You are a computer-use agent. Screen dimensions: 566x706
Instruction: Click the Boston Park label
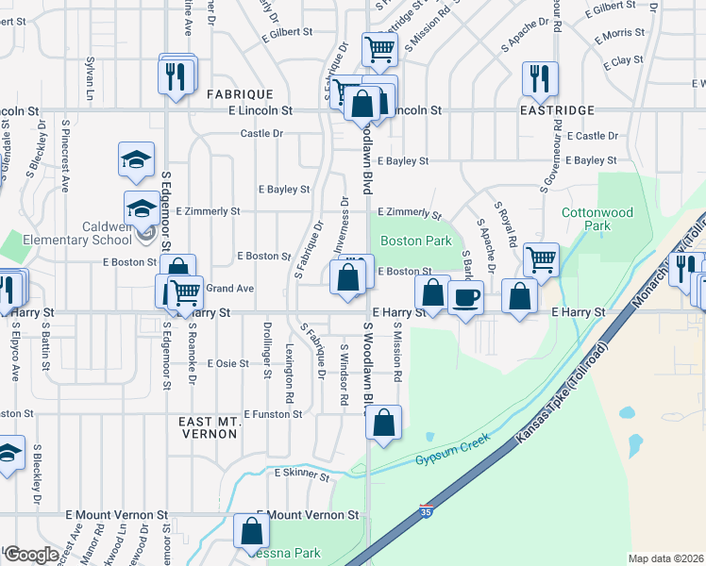(x=415, y=241)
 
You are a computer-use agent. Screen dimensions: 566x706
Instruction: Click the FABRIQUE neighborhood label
(x=239, y=94)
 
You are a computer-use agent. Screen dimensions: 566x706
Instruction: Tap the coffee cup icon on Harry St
(x=465, y=299)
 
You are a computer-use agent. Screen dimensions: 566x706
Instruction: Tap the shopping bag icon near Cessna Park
(x=254, y=531)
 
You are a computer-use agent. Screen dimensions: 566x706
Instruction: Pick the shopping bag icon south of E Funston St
(x=384, y=424)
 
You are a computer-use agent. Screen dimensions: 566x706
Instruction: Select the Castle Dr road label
(x=261, y=134)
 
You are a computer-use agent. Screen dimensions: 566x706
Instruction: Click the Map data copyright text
(x=665, y=558)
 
